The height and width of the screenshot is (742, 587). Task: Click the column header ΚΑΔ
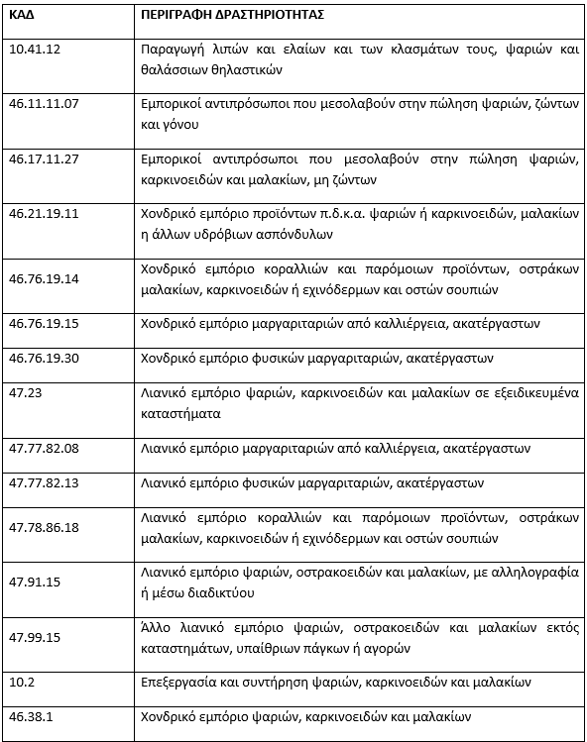[x=21, y=17]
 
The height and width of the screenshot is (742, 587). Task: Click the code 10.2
[x=21, y=683]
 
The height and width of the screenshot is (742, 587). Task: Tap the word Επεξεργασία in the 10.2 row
[x=181, y=684]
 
